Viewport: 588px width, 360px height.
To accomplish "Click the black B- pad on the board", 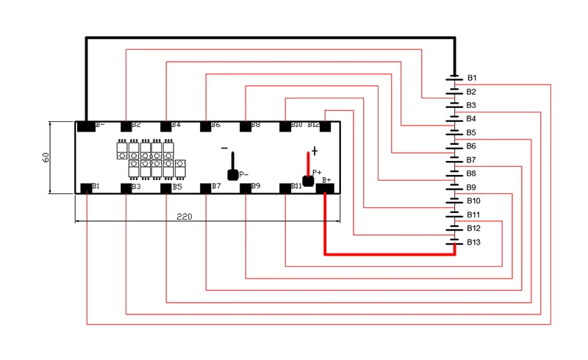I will coord(86,126).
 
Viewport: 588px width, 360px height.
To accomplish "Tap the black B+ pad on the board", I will coord(325,188).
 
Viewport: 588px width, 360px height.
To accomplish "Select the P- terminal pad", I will coord(233,175).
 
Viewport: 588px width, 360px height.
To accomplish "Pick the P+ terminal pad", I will coord(308,180).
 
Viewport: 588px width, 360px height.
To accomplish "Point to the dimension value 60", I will coord(46,158).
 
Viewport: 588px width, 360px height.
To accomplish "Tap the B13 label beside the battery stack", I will coord(473,242).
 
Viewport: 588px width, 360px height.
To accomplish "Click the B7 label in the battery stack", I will coord(471,159).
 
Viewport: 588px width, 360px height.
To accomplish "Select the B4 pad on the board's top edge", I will coord(166,126).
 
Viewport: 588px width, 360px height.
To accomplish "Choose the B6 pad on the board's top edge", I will coord(206,126).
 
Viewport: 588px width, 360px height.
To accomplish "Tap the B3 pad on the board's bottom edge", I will coord(126,188).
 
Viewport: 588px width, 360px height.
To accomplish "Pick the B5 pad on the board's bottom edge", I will coord(166,188).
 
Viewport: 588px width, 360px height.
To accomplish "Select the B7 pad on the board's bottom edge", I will coord(206,188).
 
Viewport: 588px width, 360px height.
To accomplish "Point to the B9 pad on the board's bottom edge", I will coord(245,188).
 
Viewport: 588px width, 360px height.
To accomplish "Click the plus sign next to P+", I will coord(315,151).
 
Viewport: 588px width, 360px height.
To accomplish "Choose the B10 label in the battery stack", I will coord(473,201).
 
